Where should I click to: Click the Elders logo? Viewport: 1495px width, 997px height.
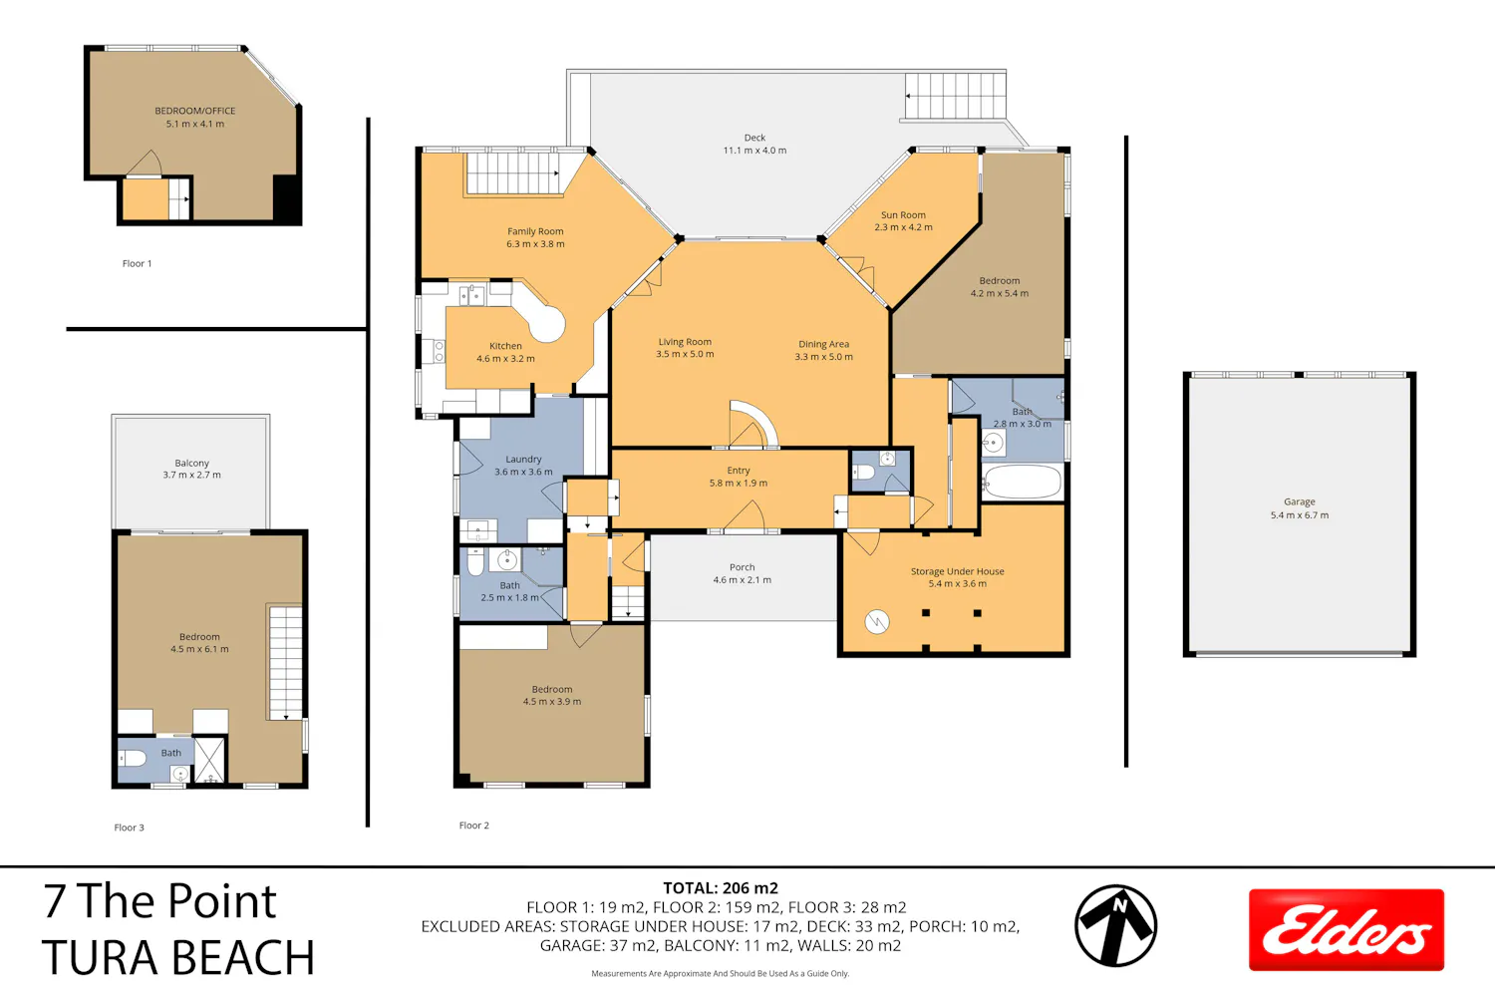pos(1345,929)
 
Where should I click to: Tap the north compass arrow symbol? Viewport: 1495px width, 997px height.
pos(1115,925)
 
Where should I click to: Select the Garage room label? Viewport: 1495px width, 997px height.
pos(1299,501)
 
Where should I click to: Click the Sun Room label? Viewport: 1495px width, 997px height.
pos(903,215)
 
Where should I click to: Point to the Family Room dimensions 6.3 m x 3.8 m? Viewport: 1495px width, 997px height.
pos(535,243)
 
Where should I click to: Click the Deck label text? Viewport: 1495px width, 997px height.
pos(754,138)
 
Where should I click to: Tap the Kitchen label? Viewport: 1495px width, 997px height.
pos(505,346)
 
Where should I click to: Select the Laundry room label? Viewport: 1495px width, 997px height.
pos(523,459)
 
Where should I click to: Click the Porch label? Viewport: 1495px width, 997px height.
pos(743,567)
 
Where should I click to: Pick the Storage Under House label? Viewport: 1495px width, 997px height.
pos(957,571)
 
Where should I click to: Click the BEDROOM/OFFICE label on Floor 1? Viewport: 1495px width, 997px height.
pos(195,111)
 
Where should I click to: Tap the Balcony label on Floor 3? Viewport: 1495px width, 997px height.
pos(191,463)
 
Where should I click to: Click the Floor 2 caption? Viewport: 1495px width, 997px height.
pos(473,826)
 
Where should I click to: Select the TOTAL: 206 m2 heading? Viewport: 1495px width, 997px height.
pos(721,888)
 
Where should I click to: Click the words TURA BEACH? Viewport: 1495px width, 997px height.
pos(177,957)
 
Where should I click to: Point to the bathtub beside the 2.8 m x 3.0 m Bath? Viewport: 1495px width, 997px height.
pos(1022,482)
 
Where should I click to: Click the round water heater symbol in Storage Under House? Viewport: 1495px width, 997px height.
pos(877,622)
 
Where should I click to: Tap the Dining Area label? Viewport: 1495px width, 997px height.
pos(823,344)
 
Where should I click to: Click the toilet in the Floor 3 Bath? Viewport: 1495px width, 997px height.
pos(132,758)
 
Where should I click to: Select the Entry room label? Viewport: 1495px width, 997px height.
pos(739,471)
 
